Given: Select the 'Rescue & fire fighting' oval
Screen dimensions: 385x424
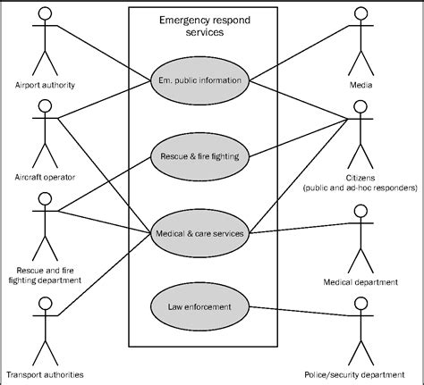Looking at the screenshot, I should [198, 156].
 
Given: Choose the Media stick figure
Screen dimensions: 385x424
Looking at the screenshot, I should [361, 45].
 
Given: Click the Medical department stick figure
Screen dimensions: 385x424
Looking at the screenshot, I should [361, 232].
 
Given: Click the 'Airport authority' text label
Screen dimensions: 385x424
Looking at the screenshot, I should [45, 85].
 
